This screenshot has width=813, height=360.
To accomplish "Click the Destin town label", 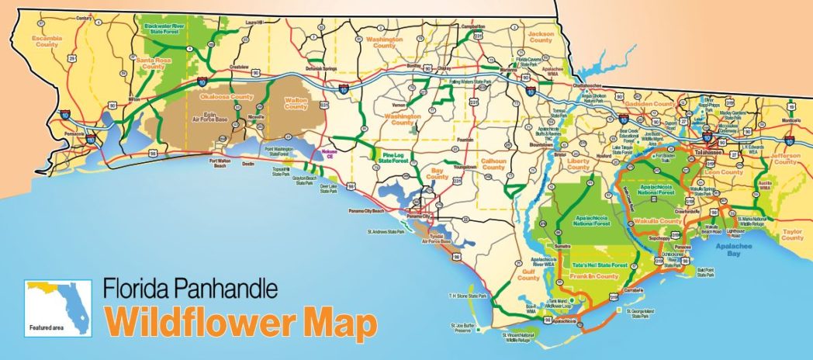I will (248, 164).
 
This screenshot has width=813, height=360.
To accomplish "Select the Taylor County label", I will (792, 234).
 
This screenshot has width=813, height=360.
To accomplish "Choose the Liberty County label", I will (579, 164).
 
